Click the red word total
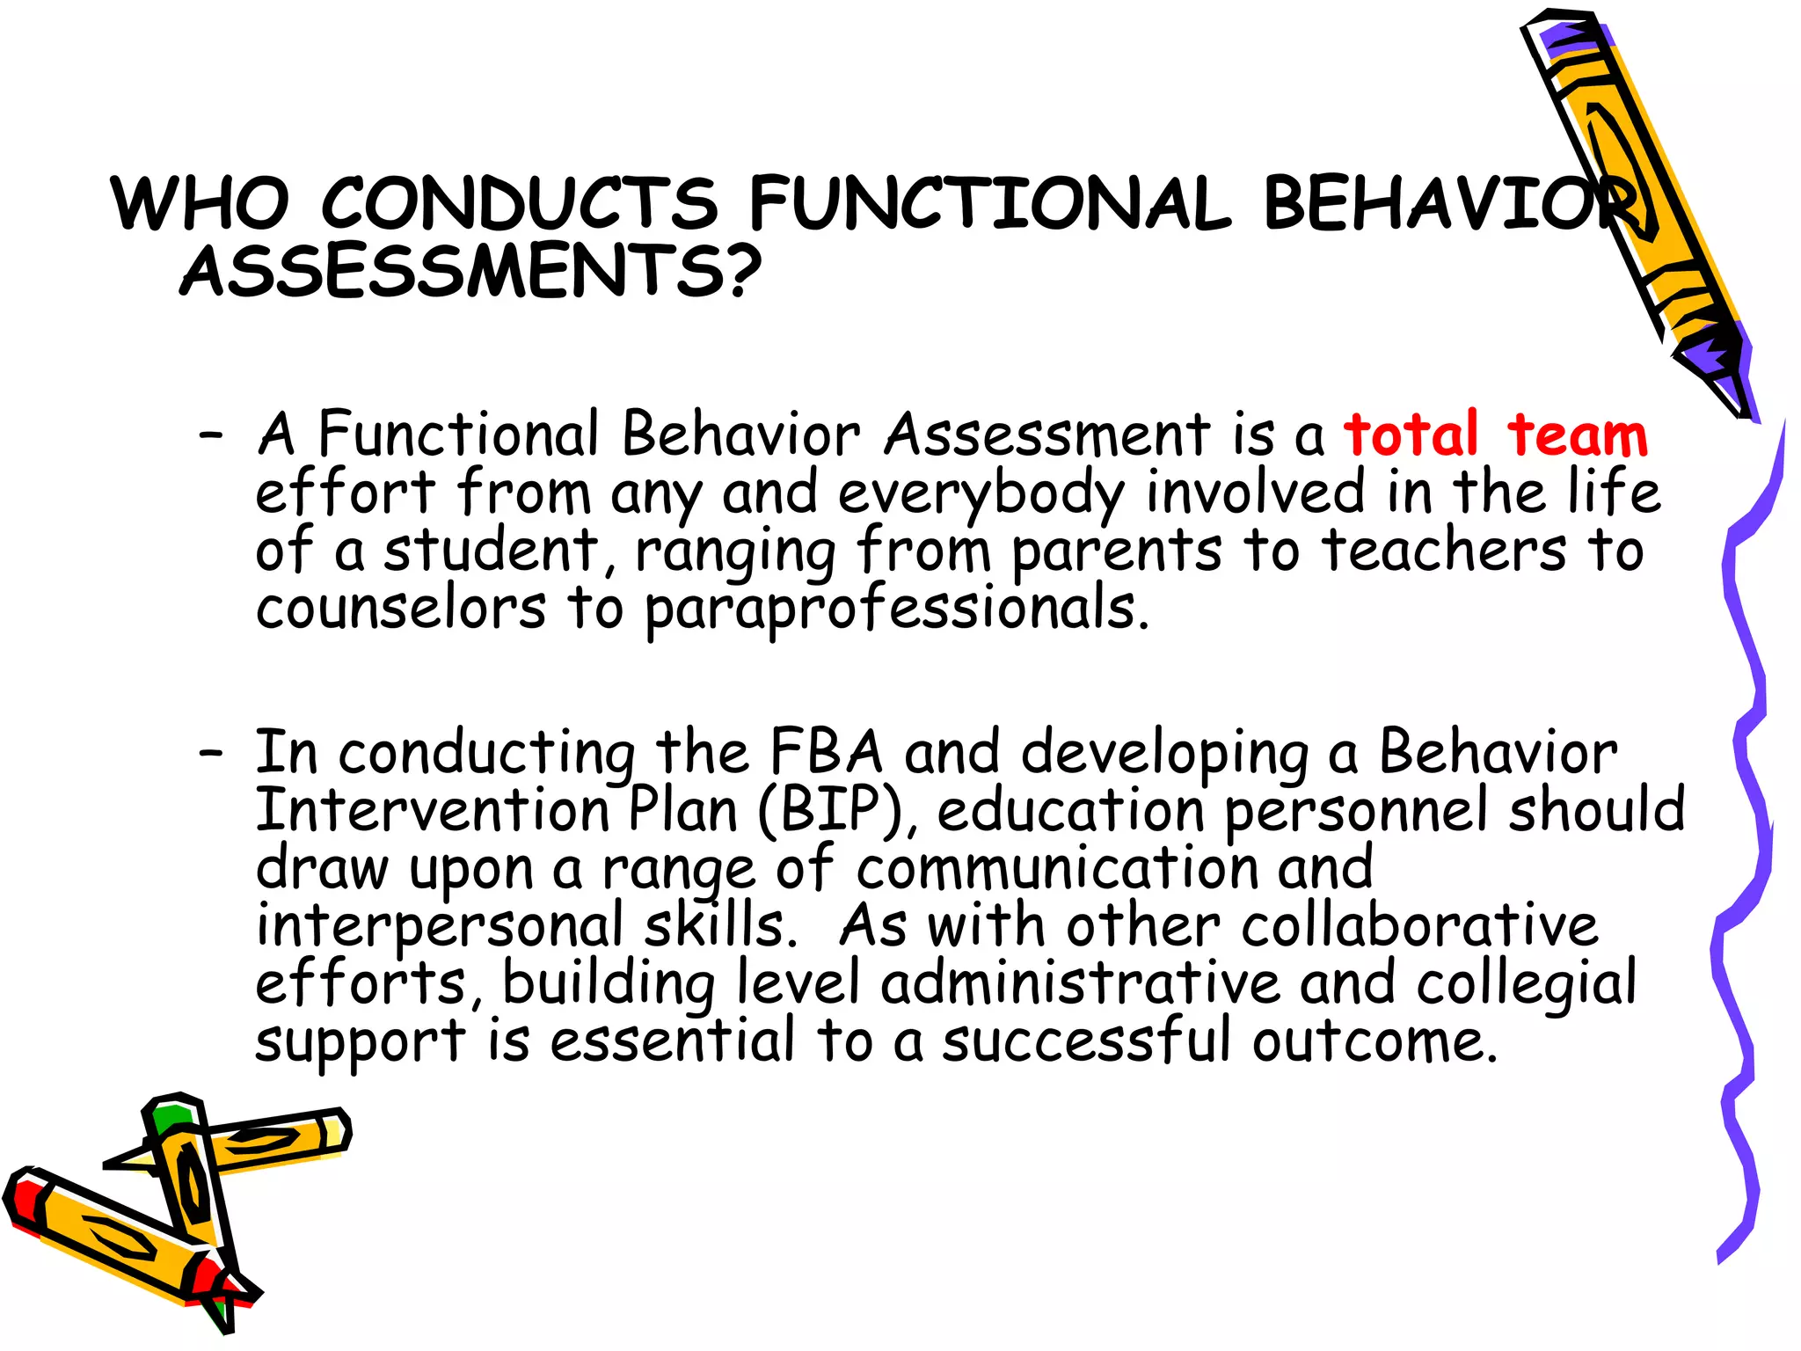[x=1411, y=435]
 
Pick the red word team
[x=1578, y=435]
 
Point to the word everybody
[x=981, y=494]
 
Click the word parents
[x=1116, y=552]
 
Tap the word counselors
[x=401, y=608]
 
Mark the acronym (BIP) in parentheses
[x=831, y=810]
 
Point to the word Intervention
[x=432, y=810]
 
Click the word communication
[x=1058, y=867]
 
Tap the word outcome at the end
[x=1374, y=1041]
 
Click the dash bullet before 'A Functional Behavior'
[x=211, y=435]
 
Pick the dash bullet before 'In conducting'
[x=211, y=753]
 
